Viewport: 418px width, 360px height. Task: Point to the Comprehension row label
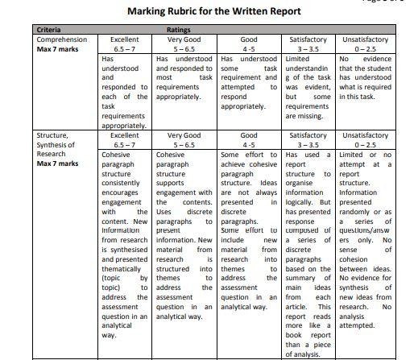point(62,39)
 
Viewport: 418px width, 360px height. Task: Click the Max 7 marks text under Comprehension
point(56,48)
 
